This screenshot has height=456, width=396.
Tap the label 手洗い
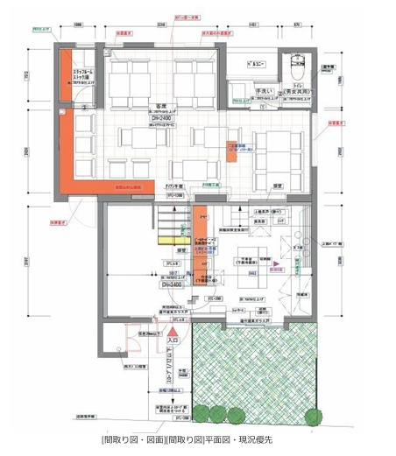(263, 89)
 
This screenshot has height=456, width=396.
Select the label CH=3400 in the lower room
(170, 284)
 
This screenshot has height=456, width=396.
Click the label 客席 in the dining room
(161, 105)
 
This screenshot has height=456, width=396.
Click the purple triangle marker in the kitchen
(275, 263)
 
